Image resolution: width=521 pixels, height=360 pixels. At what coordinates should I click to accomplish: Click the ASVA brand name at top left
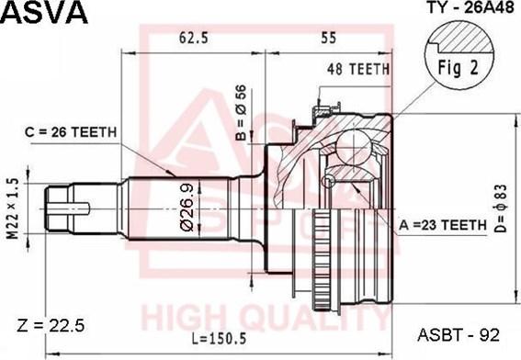(45, 13)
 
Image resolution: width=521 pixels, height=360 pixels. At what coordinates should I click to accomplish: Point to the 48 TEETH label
(358, 69)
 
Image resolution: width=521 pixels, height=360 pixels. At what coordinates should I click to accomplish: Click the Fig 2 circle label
(455, 67)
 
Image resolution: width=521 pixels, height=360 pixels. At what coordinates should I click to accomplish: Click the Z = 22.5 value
(51, 324)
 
